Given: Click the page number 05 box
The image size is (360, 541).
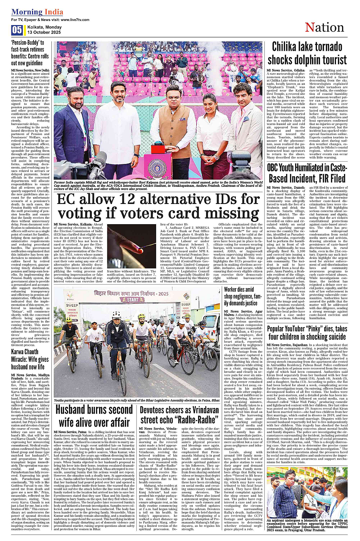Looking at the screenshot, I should tap(17, 30).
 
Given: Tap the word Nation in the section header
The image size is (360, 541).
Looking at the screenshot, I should tap(324, 28).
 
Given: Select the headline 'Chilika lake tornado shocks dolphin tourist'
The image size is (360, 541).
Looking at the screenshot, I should tap(307, 54).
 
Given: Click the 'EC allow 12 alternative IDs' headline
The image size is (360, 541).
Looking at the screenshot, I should tap(158, 206).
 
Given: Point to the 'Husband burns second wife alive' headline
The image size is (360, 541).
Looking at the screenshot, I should tap(94, 416).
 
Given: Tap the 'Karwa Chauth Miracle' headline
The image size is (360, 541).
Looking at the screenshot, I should tap(30, 359).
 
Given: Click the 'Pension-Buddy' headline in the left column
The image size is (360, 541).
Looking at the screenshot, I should tap(30, 53).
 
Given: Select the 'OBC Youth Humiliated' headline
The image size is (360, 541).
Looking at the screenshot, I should tap(307, 173).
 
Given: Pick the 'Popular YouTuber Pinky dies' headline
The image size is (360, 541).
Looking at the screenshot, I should tap(307, 333).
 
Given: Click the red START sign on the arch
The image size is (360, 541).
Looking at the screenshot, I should tap(133, 300).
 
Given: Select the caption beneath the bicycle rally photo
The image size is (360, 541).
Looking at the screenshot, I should tap(137, 400).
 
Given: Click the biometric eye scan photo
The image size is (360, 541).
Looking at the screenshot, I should tap(307, 492).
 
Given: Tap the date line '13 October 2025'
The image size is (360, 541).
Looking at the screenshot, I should tap(44, 32).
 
